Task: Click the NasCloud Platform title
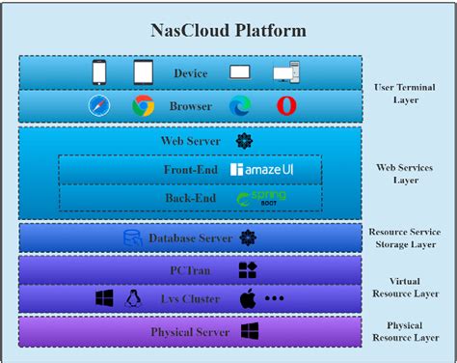point(228,30)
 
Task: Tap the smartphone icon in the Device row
point(99,72)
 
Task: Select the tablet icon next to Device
point(143,72)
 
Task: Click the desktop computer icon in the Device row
point(285,73)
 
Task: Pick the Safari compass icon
point(99,106)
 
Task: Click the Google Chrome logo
point(143,106)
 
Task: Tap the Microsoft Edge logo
point(239,106)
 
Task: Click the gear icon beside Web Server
point(244,141)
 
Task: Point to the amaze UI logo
point(261,170)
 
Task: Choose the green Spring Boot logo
point(261,199)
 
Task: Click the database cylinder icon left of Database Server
point(132,237)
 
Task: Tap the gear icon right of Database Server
point(248,237)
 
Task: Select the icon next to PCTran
point(248,271)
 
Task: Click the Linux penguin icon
point(135,299)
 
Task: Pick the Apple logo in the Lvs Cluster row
point(247,299)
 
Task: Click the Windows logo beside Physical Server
point(249,332)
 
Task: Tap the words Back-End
point(190,199)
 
